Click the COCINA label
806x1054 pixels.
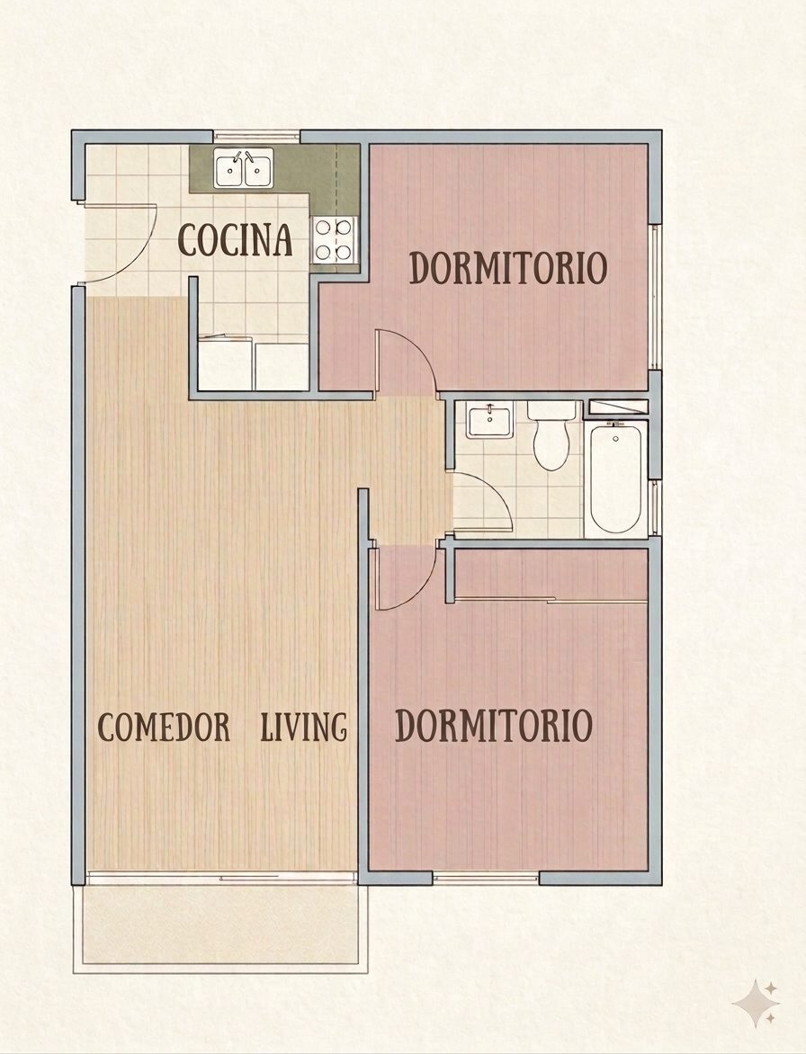point(236,239)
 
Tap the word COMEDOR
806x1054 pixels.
point(164,728)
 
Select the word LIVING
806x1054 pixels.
point(304,728)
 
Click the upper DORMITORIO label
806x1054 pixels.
point(508,267)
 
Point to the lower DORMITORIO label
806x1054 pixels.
point(494,726)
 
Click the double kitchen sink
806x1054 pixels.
point(244,168)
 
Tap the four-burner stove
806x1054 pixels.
point(335,239)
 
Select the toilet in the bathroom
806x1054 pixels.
point(551,435)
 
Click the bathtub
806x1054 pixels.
point(616,478)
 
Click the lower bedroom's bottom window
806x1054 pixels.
point(486,878)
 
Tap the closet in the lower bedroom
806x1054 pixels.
point(551,574)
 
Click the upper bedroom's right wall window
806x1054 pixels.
point(655,297)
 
